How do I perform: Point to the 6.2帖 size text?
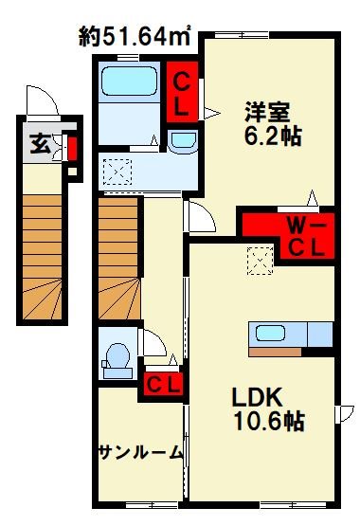point(271,137)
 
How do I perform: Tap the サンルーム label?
point(139,452)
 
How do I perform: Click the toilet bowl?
point(118,357)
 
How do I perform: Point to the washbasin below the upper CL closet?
point(181,141)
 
